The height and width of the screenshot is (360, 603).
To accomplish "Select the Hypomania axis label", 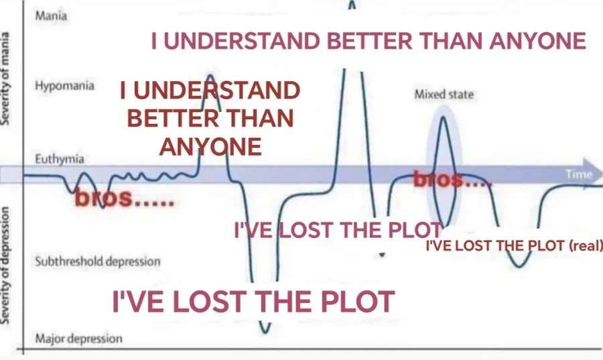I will click(64, 87).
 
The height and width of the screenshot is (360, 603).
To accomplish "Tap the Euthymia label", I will click(59, 159).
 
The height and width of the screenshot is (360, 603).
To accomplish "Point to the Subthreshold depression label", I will click(97, 261).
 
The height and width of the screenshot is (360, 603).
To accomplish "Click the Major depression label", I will click(78, 339).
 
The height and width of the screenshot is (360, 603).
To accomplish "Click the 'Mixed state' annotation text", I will click(444, 95).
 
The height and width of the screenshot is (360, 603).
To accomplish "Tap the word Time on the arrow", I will click(579, 175).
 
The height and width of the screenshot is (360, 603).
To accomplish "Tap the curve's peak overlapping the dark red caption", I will click(210, 76).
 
